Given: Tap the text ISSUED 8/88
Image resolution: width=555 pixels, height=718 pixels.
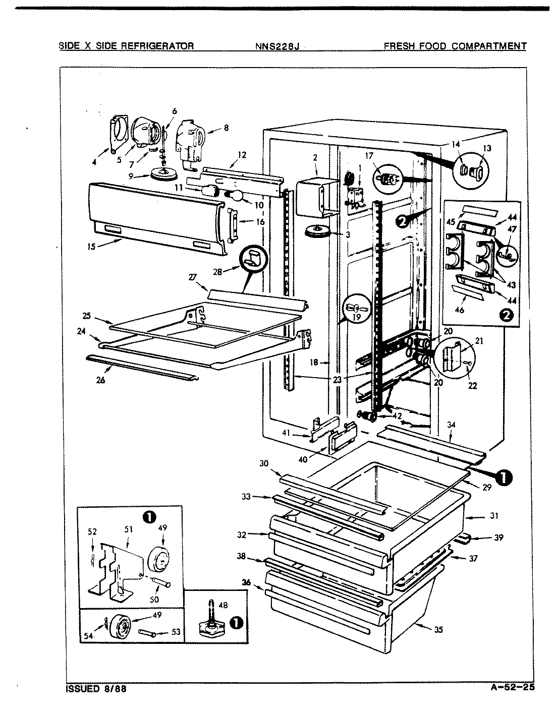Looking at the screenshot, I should click(96, 689).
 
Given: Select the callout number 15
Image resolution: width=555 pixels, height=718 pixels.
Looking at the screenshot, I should click(91, 247).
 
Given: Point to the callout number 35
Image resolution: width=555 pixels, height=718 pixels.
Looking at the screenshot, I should click(438, 629).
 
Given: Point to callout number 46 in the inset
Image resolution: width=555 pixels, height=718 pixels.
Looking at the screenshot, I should click(460, 311).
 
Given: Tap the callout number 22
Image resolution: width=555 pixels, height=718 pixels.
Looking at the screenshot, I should click(473, 386).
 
